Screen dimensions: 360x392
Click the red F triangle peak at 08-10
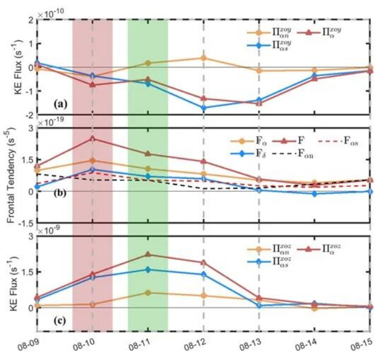(x=92, y=139)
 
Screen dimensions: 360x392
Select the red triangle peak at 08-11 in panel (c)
(x=148, y=255)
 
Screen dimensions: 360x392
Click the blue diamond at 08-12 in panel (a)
(x=203, y=108)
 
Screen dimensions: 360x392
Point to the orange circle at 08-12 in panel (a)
(x=203, y=58)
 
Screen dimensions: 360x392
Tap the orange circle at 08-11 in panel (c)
(x=148, y=293)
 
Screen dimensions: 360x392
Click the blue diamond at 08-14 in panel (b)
(x=315, y=194)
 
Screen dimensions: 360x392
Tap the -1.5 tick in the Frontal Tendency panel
(x=25, y=222)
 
